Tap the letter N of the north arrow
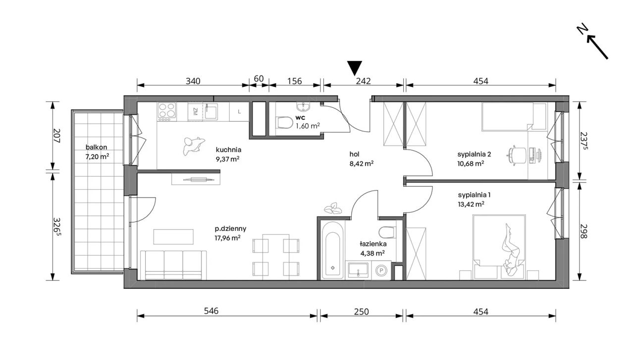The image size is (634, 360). click(x=581, y=30)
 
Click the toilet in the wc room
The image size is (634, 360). click(x=285, y=123)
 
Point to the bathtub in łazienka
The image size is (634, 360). click(x=332, y=250)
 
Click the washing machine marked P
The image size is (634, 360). click(x=381, y=270)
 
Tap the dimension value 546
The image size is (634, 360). click(x=211, y=311)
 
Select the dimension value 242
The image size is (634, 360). click(x=363, y=81)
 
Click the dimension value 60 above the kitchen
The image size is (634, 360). click(x=259, y=79)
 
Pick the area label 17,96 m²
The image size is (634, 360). click(x=227, y=238)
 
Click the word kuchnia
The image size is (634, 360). click(x=228, y=150)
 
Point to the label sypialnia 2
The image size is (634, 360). click(x=474, y=154)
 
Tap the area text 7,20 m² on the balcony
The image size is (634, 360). click(x=98, y=156)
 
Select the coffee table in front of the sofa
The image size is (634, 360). click(x=173, y=237)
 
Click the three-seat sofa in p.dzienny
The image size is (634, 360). click(x=173, y=265)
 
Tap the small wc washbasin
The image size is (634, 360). click(x=303, y=106)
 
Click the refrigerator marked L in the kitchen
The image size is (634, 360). click(x=239, y=112)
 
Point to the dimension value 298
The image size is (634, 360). click(x=583, y=231)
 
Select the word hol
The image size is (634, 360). click(x=354, y=154)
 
